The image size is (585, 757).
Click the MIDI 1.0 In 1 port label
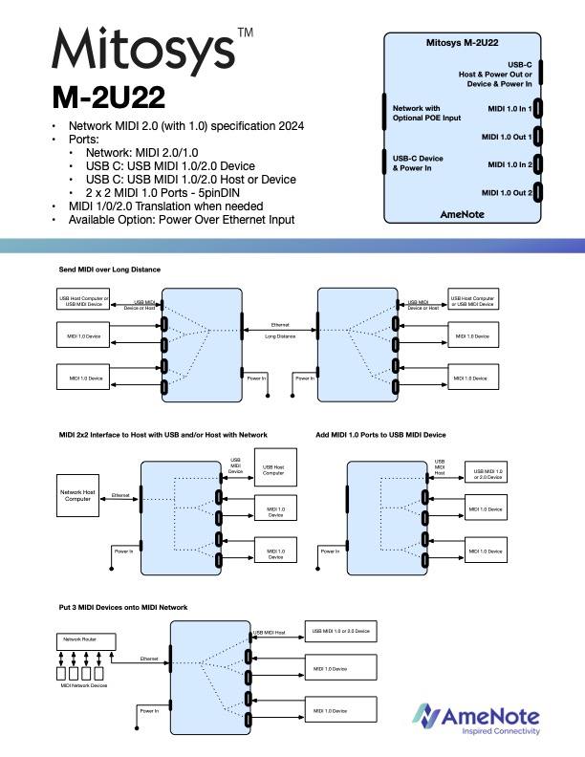point(508,109)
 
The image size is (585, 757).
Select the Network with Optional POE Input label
point(426,114)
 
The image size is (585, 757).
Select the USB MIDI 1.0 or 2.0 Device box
point(339,632)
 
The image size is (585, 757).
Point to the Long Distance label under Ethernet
point(280,336)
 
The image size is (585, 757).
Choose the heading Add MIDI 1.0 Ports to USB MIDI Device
point(380,435)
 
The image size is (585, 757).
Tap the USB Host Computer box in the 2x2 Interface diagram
point(274,469)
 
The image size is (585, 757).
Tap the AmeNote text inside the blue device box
point(466,214)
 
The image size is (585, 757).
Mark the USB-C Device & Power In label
point(419,162)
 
